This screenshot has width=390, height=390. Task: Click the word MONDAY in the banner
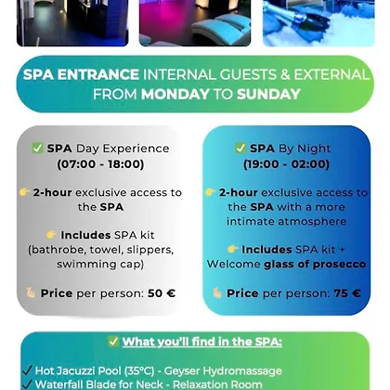[x=175, y=94]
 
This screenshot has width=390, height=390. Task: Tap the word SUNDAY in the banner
[x=268, y=94]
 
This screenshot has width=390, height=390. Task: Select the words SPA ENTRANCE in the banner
[x=81, y=74]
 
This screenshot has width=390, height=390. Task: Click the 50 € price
[x=162, y=293]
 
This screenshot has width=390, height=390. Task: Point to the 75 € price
[x=347, y=293]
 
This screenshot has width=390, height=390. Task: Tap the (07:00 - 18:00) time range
[x=100, y=164]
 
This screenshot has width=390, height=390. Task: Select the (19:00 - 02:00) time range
[x=286, y=164]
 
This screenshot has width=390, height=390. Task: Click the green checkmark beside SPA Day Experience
[x=37, y=149]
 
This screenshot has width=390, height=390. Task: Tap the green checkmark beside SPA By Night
[x=240, y=149]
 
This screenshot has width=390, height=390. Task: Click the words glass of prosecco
[x=315, y=264]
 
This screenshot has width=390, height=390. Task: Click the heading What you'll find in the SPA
[x=202, y=342]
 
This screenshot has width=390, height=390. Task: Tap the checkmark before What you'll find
[x=113, y=342]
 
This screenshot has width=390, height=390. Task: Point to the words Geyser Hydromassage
[x=223, y=370]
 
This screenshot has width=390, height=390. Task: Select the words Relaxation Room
[x=217, y=384]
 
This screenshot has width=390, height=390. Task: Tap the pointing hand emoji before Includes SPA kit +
[x=232, y=249]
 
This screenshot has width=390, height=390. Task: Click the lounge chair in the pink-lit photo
[x=221, y=31]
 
